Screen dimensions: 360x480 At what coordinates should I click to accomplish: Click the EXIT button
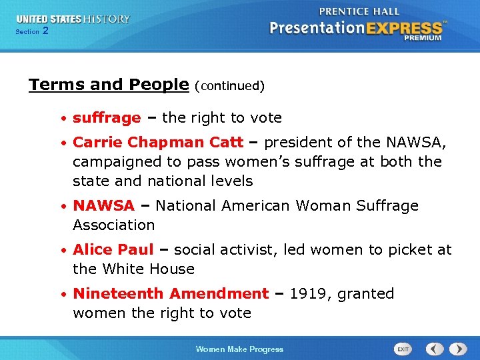(x=403, y=349)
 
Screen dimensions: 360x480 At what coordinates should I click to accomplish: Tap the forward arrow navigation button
(x=457, y=349)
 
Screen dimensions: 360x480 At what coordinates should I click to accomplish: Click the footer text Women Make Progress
(x=239, y=349)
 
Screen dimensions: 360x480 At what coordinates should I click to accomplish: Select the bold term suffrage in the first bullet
(x=107, y=118)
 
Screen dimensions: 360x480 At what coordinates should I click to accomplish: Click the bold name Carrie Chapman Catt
(x=158, y=142)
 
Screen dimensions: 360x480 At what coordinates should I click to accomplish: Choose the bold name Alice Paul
(x=113, y=250)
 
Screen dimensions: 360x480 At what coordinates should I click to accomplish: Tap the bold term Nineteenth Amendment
(x=171, y=294)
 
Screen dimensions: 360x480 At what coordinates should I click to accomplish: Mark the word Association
(x=113, y=225)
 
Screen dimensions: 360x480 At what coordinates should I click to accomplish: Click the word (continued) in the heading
(x=229, y=86)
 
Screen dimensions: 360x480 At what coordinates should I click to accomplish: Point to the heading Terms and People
(x=109, y=85)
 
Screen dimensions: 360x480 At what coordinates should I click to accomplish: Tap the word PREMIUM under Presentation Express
(x=423, y=39)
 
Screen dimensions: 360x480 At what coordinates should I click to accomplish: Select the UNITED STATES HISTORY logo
(x=73, y=19)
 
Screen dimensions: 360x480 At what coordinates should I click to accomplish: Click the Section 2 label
(x=31, y=31)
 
